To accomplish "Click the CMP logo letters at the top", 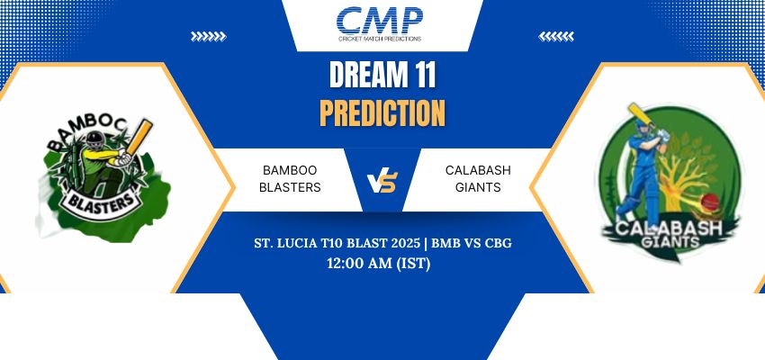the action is coord(380,21).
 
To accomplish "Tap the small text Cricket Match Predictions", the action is coord(380,39).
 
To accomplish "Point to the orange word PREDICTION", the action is coord(382,112).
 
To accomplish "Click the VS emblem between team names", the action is coord(382,183).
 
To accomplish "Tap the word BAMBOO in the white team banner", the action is coord(290,170).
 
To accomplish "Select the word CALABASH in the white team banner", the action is coord(478,170).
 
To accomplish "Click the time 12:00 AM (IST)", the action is coord(379,264).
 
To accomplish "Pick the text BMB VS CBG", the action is coord(472,243).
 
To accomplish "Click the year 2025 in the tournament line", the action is coord(406,243).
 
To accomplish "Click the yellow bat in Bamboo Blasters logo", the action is coord(140,137).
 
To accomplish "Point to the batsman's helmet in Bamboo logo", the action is coord(95,140).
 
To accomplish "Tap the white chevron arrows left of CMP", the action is coord(208,36).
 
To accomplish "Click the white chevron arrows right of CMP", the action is coord(556,36).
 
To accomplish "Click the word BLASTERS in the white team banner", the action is coord(290,187).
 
